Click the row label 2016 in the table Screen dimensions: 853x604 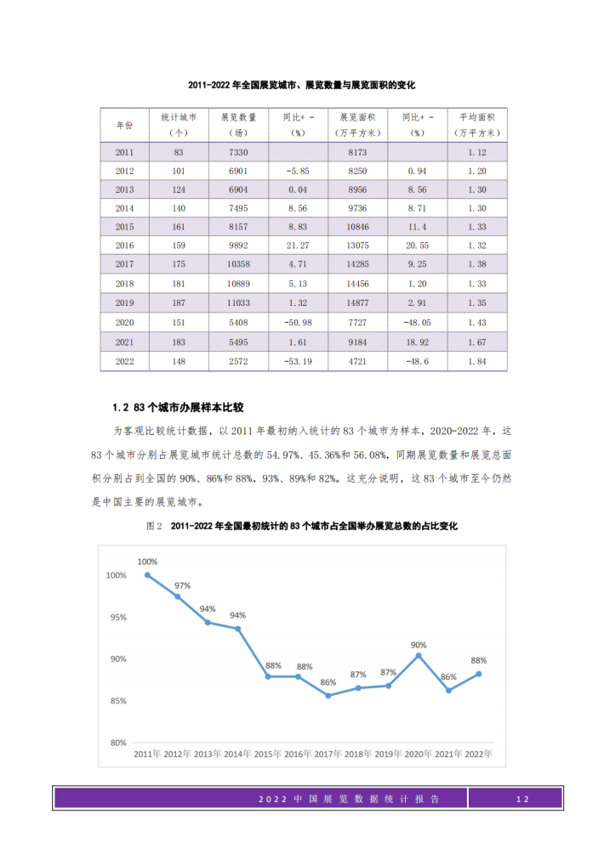pos(125,246)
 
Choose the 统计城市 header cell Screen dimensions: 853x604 pos(179,124)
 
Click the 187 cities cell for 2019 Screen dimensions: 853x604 pos(179,303)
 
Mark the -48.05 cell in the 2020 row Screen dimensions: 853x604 pos(417,323)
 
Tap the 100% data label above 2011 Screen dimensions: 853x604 pos(147,562)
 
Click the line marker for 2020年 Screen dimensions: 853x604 pos(419,655)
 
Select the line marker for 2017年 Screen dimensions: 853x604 pos(328,695)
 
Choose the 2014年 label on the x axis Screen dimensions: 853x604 pos(238,754)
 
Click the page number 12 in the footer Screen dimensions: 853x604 pos(522,799)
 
